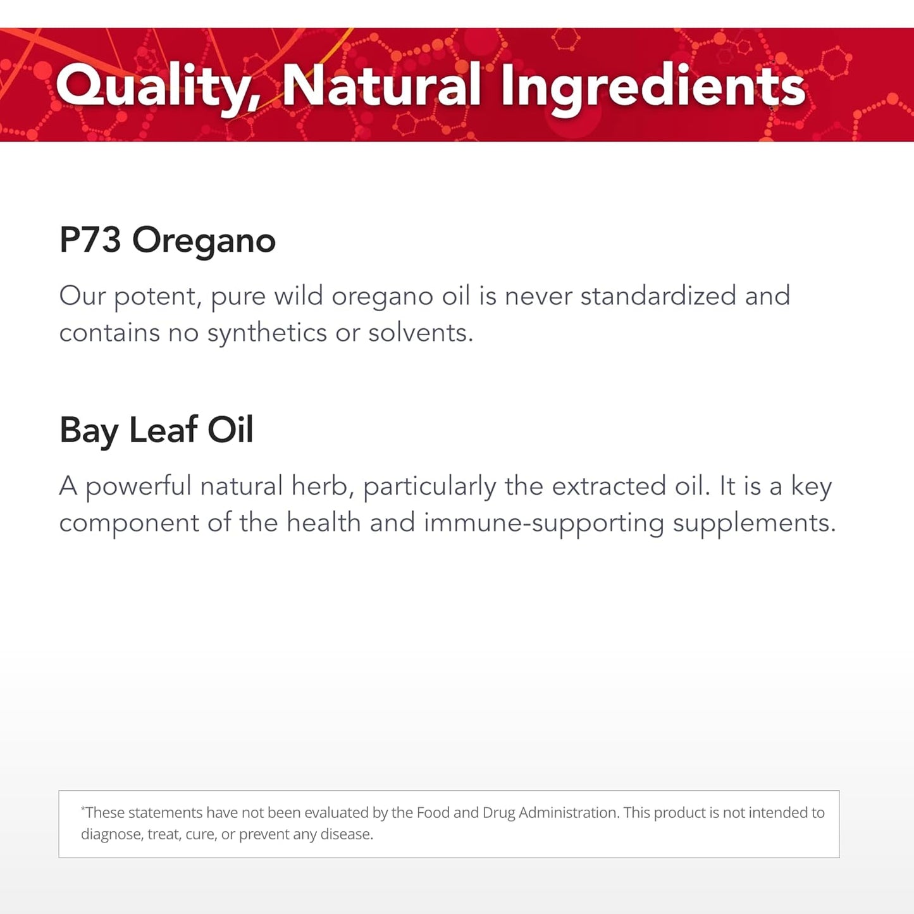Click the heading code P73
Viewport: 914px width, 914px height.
click(x=90, y=240)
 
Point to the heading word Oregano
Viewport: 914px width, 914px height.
click(x=204, y=242)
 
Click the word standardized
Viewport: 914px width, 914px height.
click(x=658, y=296)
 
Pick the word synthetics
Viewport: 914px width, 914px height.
click(x=266, y=333)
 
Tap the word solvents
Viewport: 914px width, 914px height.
click(x=421, y=333)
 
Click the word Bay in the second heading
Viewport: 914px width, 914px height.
click(x=89, y=431)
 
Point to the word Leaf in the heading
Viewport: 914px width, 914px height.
click(x=163, y=429)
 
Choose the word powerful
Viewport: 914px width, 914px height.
click(x=139, y=486)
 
